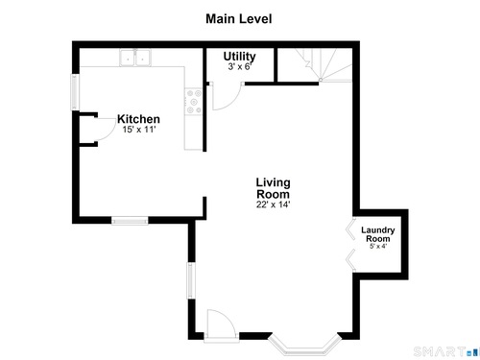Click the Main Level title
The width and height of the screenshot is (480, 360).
(239, 19)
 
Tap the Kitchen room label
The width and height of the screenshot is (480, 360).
(138, 119)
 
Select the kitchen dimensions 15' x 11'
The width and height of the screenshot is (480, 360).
(139, 130)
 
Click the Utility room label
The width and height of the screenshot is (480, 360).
(239, 57)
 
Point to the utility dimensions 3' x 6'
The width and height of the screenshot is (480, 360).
(240, 66)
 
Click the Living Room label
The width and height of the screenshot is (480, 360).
(274, 188)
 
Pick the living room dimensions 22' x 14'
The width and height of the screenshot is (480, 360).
(273, 204)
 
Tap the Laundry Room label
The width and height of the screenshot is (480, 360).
(378, 234)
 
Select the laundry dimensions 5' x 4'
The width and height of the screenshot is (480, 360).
(378, 247)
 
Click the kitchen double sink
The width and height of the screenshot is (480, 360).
(135, 58)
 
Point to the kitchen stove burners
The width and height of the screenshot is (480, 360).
(194, 102)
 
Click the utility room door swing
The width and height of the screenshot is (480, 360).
(226, 97)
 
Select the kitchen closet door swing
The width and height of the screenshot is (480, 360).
(106, 130)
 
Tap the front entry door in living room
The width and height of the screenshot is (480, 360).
(222, 324)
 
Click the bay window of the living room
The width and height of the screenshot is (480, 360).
(304, 345)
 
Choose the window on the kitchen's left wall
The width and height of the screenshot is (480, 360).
(75, 92)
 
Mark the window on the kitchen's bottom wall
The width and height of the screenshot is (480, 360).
(130, 221)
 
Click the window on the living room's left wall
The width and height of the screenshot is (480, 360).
(191, 281)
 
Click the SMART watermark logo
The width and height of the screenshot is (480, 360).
(446, 351)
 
